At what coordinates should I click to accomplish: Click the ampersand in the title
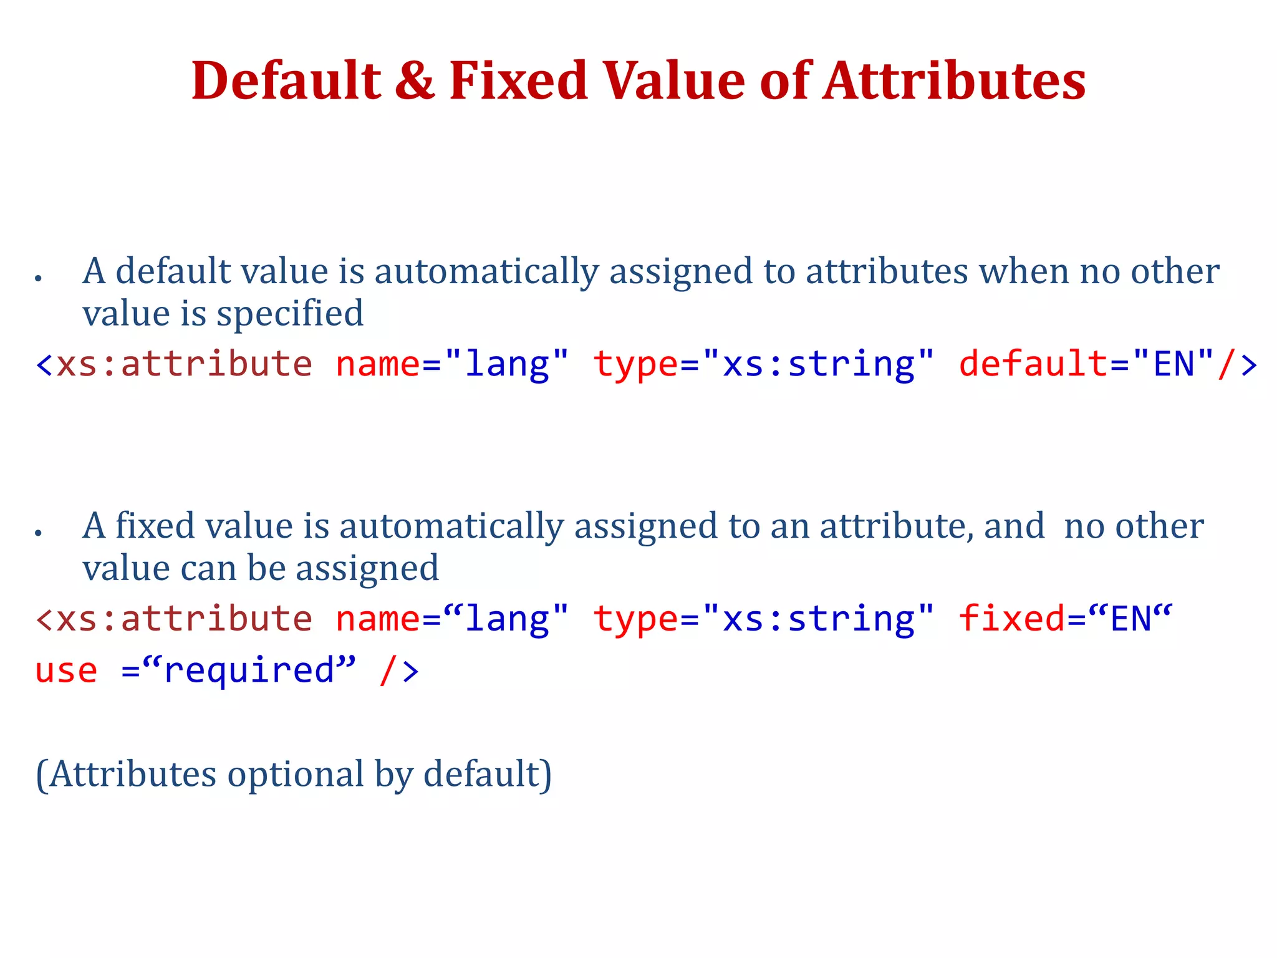(x=415, y=81)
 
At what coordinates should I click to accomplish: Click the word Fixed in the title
(x=518, y=81)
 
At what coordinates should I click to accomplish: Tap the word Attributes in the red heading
(x=954, y=81)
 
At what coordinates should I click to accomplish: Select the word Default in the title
(x=286, y=81)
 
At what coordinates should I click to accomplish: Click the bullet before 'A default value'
(x=39, y=278)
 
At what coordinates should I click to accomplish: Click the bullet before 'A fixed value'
(x=39, y=533)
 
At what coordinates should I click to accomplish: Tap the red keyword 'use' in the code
(x=66, y=671)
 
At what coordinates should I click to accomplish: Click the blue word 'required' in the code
(x=249, y=671)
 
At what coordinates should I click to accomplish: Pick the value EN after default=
(x=1174, y=364)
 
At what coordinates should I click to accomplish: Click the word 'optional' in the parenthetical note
(x=296, y=775)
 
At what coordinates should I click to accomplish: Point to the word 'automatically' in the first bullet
(x=486, y=272)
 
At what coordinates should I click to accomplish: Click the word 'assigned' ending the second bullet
(x=367, y=569)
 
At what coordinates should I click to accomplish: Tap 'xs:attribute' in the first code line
(x=184, y=364)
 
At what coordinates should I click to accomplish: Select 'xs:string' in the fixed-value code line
(x=818, y=619)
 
